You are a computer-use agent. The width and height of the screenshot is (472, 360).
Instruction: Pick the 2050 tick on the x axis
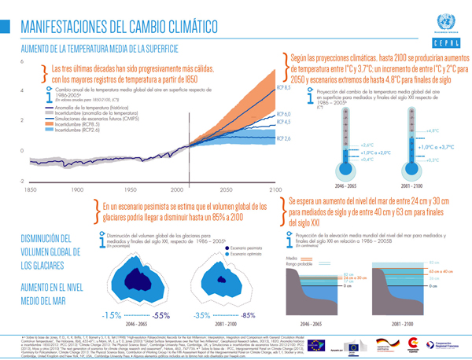(225, 191)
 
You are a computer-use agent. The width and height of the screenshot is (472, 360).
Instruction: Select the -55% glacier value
(162, 315)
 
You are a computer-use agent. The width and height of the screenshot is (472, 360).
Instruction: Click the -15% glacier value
(111, 315)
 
